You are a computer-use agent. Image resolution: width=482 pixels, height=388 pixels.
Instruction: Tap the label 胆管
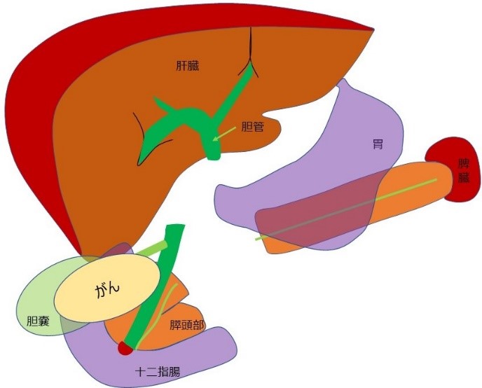click(x=253, y=127)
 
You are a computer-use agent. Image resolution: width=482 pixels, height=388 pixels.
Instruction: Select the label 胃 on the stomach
click(x=378, y=145)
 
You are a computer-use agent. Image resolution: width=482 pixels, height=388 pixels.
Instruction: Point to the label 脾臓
click(x=463, y=171)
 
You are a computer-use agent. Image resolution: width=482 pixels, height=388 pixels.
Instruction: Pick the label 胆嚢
click(x=40, y=321)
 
